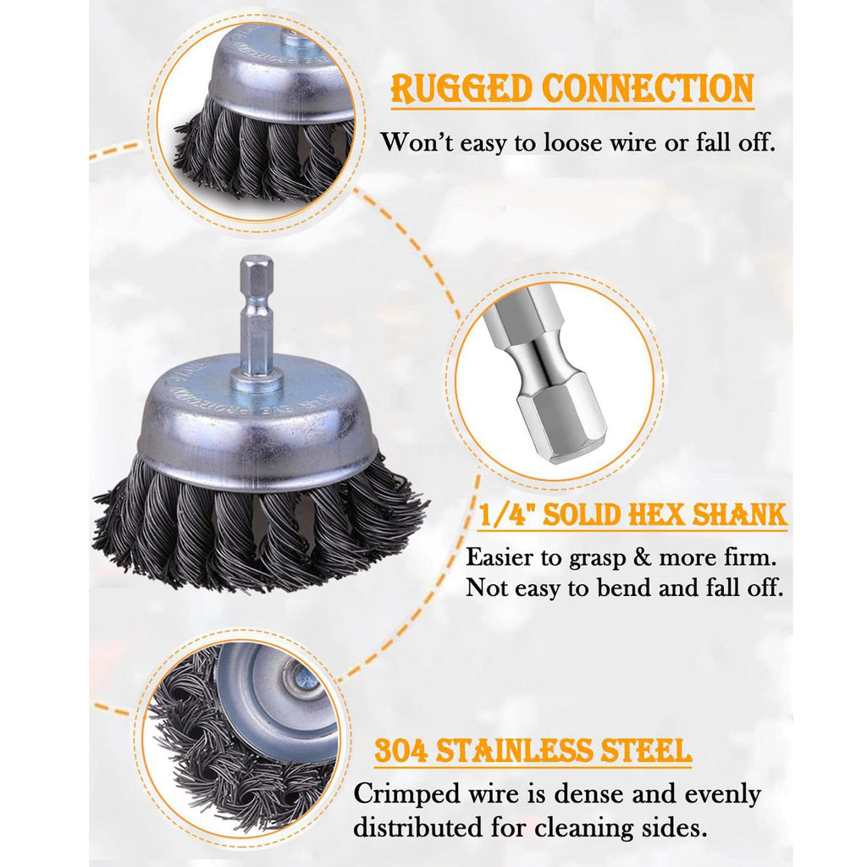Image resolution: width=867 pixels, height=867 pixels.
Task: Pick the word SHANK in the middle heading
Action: pos(739,514)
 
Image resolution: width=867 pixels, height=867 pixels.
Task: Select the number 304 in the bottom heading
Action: pos(400,751)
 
